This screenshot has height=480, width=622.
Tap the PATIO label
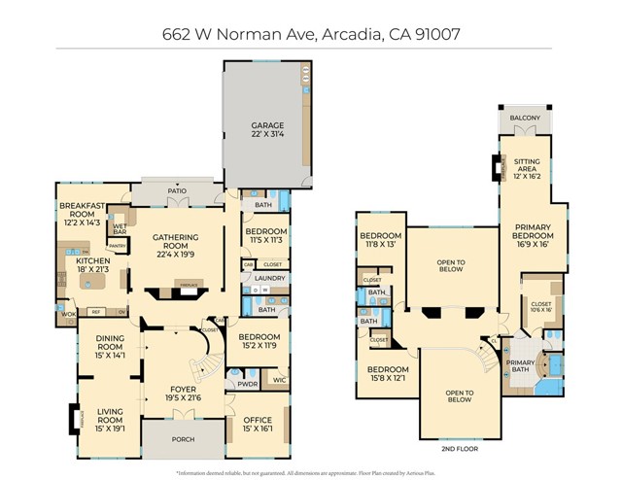(x=176, y=191)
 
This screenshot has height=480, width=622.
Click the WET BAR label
(x=120, y=228)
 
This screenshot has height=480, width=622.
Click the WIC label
(x=280, y=380)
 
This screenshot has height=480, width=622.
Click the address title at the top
(x=310, y=32)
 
